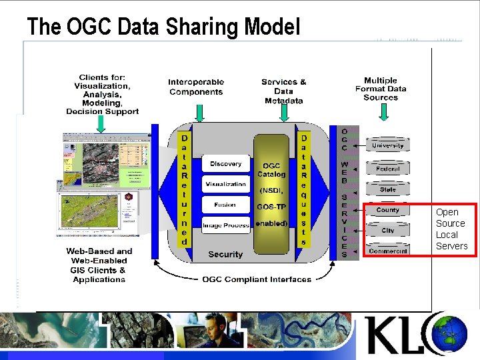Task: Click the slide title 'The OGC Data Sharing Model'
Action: [163, 27]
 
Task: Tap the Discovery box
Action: [225, 164]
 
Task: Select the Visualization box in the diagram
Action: [225, 184]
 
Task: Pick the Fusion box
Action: [225, 205]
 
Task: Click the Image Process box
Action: [225, 225]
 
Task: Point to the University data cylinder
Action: [387, 145]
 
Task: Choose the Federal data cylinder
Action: [387, 169]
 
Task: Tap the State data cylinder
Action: [387, 189]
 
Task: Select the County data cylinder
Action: [387, 210]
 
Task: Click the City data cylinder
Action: [387, 231]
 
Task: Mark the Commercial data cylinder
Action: [387, 251]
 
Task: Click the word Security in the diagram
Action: [225, 254]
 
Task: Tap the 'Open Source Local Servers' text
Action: [451, 229]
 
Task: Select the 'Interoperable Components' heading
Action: [196, 87]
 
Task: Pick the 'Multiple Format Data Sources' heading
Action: [381, 89]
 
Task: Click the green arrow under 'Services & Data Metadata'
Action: [284, 114]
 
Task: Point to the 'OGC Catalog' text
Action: [271, 170]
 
